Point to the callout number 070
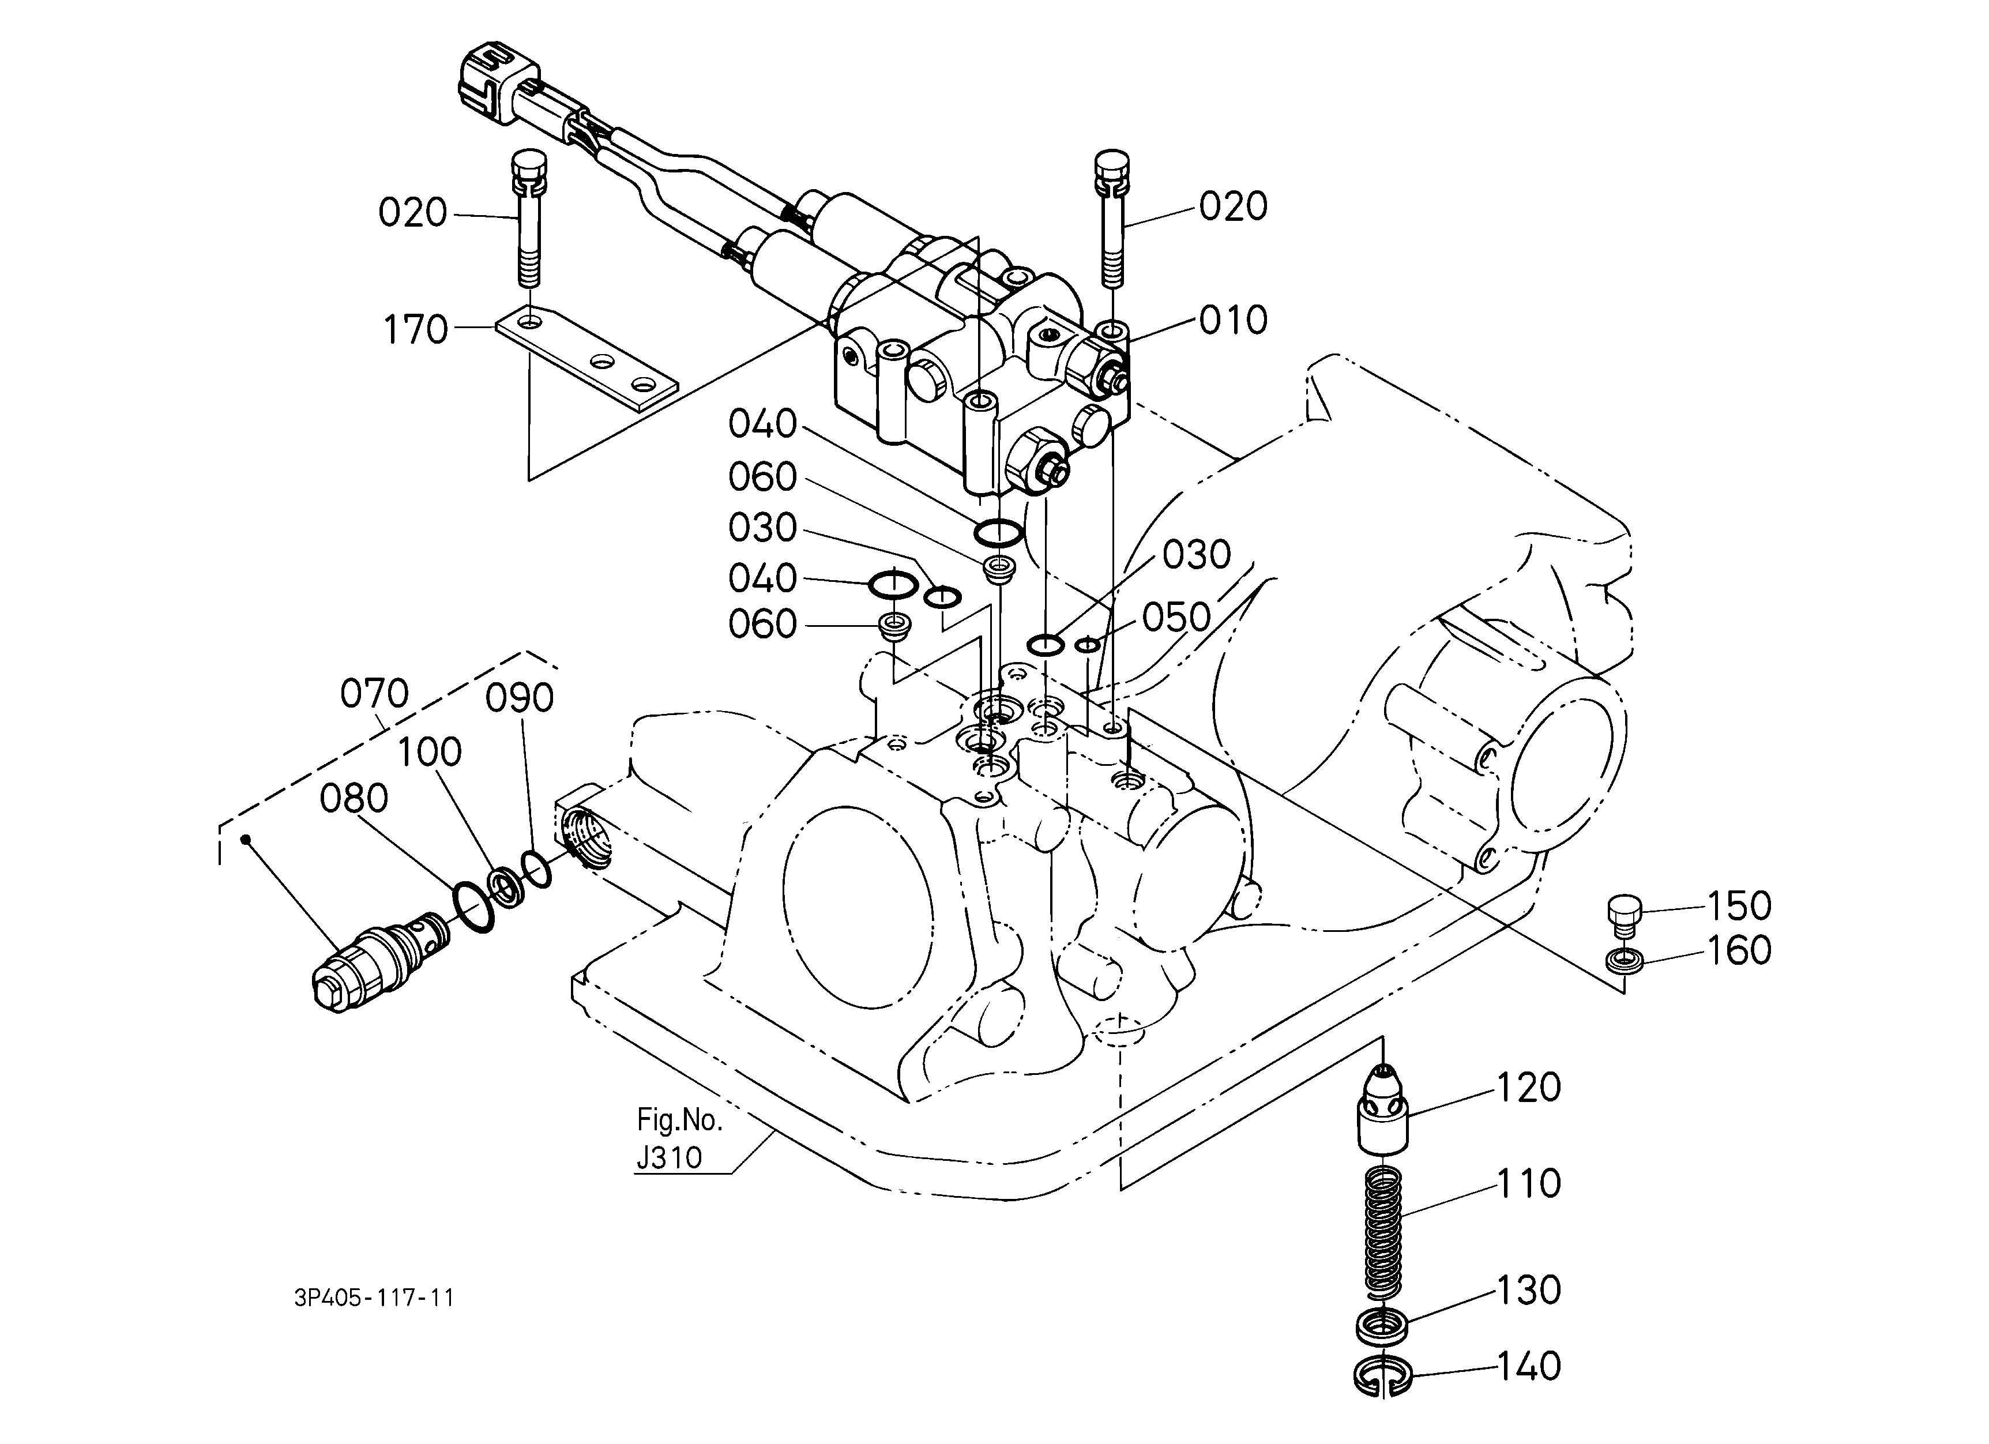pos(374,694)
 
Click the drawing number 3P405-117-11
pos(374,1298)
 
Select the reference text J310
pos(669,1157)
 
